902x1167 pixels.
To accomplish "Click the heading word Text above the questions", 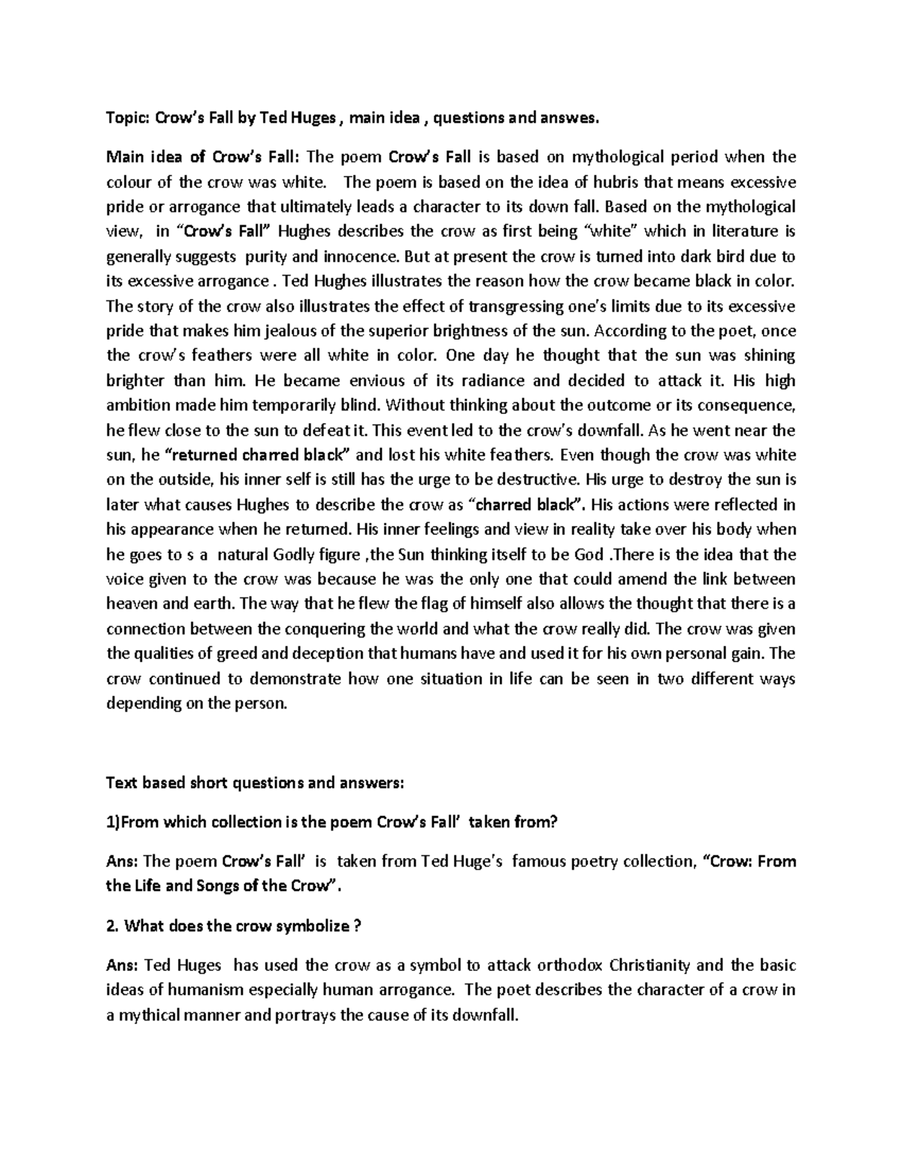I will [x=120, y=783].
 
